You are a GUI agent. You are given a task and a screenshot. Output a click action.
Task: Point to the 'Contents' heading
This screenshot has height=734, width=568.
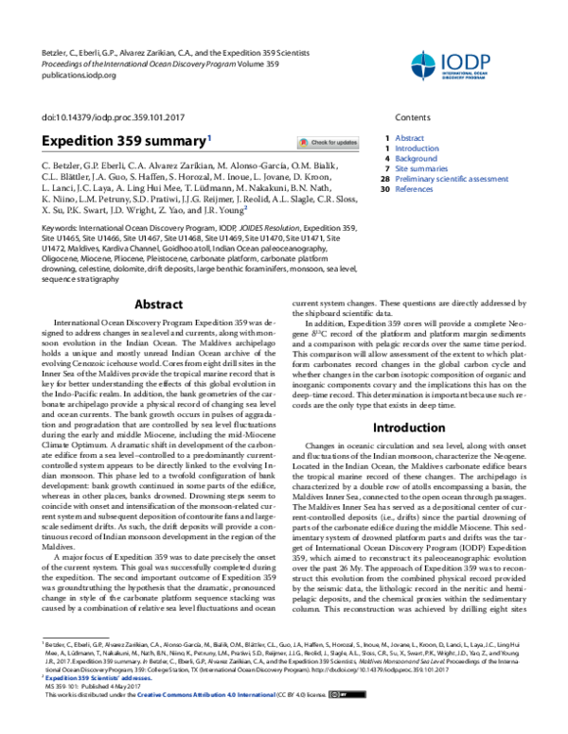pyautogui.click(x=412, y=117)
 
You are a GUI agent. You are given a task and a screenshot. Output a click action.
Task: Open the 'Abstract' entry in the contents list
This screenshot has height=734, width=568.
pyautogui.click(x=409, y=138)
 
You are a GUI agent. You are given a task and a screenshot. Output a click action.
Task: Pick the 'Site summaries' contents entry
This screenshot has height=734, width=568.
pyautogui.click(x=421, y=168)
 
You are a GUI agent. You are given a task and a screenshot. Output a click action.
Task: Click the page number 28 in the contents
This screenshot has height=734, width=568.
pyautogui.click(x=384, y=179)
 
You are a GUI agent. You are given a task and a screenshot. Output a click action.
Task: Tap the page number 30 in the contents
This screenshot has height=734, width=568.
pyautogui.click(x=384, y=189)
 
